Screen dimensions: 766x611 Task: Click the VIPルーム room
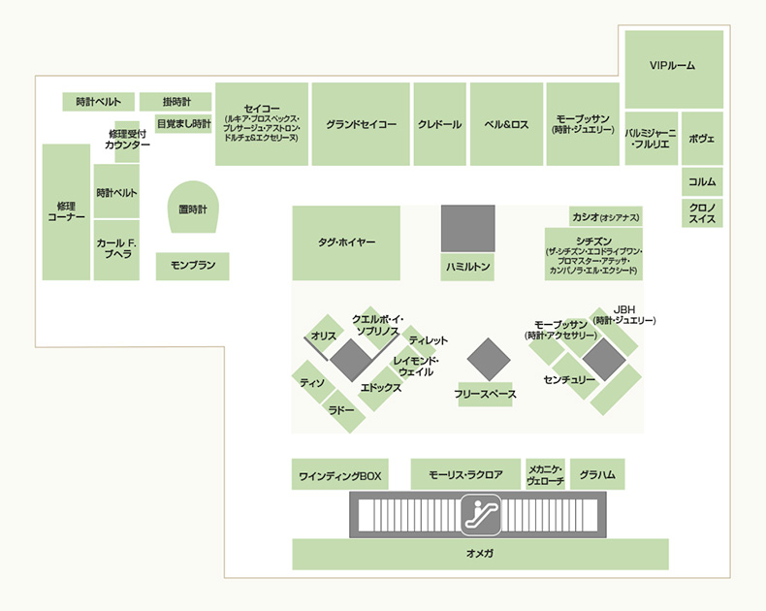point(674,70)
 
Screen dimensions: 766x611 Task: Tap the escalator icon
point(481,515)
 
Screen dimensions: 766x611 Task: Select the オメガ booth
point(480,555)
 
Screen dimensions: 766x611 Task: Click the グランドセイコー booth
point(361,124)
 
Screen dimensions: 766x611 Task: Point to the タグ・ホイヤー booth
point(346,242)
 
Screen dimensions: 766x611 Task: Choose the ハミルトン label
point(467,267)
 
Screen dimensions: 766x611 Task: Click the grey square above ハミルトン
point(468,228)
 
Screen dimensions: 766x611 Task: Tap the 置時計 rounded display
point(193,208)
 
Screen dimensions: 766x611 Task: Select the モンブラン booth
point(193,267)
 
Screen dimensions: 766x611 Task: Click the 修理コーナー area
point(67,212)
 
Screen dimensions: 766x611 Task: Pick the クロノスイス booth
point(703,213)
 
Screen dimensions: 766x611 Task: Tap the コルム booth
point(703,181)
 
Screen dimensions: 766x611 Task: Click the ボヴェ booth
point(703,139)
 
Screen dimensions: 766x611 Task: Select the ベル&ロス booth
point(506,124)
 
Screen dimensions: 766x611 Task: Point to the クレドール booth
point(439,124)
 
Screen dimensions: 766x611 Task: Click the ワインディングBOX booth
point(340,474)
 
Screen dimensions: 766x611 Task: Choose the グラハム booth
point(597,474)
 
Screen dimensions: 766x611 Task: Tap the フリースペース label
point(485,394)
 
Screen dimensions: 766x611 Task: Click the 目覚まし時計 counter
point(183,124)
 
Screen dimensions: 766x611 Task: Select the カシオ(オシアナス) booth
point(606,216)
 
